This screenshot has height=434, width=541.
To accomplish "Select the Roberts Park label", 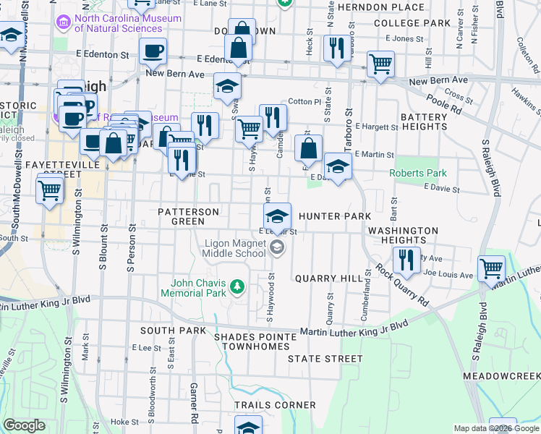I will (418, 173).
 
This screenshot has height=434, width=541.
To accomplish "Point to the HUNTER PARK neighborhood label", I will (334, 216).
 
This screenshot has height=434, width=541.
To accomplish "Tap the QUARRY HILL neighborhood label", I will (324, 278).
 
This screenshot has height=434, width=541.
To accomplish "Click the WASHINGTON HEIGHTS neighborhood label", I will (403, 235).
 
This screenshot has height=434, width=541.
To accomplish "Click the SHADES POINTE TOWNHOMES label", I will (255, 341).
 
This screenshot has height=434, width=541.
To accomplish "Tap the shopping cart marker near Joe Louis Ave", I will (492, 268).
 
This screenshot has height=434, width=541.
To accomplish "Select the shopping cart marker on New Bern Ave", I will (380, 64).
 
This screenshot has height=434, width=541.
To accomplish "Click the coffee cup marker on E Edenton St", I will (153, 51).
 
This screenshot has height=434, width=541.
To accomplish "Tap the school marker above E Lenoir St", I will (276, 216).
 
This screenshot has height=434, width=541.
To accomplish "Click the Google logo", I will (25, 425).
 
